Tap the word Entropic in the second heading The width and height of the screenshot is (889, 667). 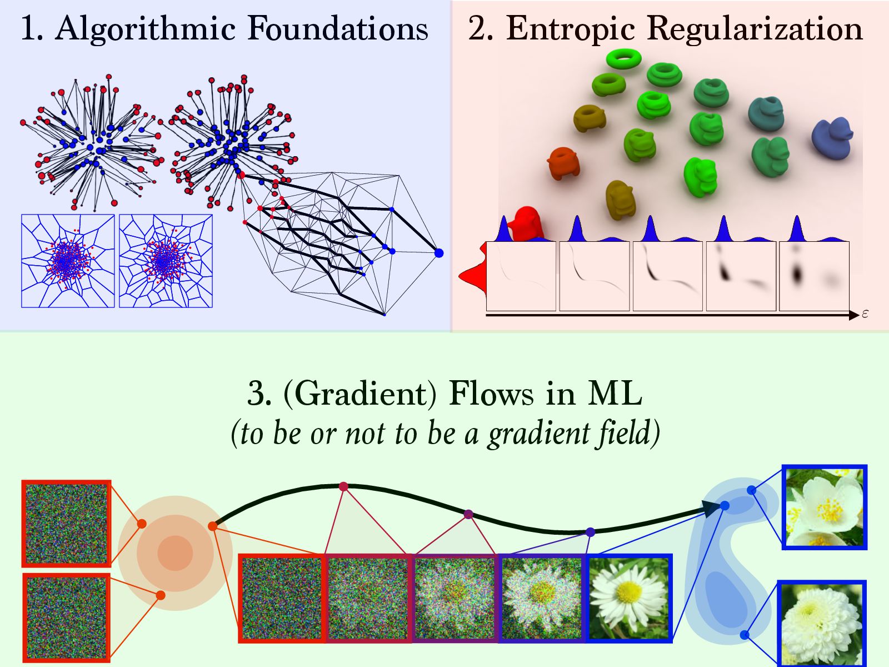570,29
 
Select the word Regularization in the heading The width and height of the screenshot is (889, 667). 755,29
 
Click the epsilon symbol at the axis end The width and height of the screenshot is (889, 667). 865,315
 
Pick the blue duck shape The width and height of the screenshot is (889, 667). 832,137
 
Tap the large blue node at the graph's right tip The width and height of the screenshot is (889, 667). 439,253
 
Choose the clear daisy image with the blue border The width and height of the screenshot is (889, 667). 629,598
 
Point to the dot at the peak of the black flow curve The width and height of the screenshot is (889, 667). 343,486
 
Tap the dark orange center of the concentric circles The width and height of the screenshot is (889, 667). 175,553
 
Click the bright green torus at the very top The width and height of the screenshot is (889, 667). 624,58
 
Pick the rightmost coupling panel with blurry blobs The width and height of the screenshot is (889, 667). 814,276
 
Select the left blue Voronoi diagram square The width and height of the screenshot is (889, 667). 68,261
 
